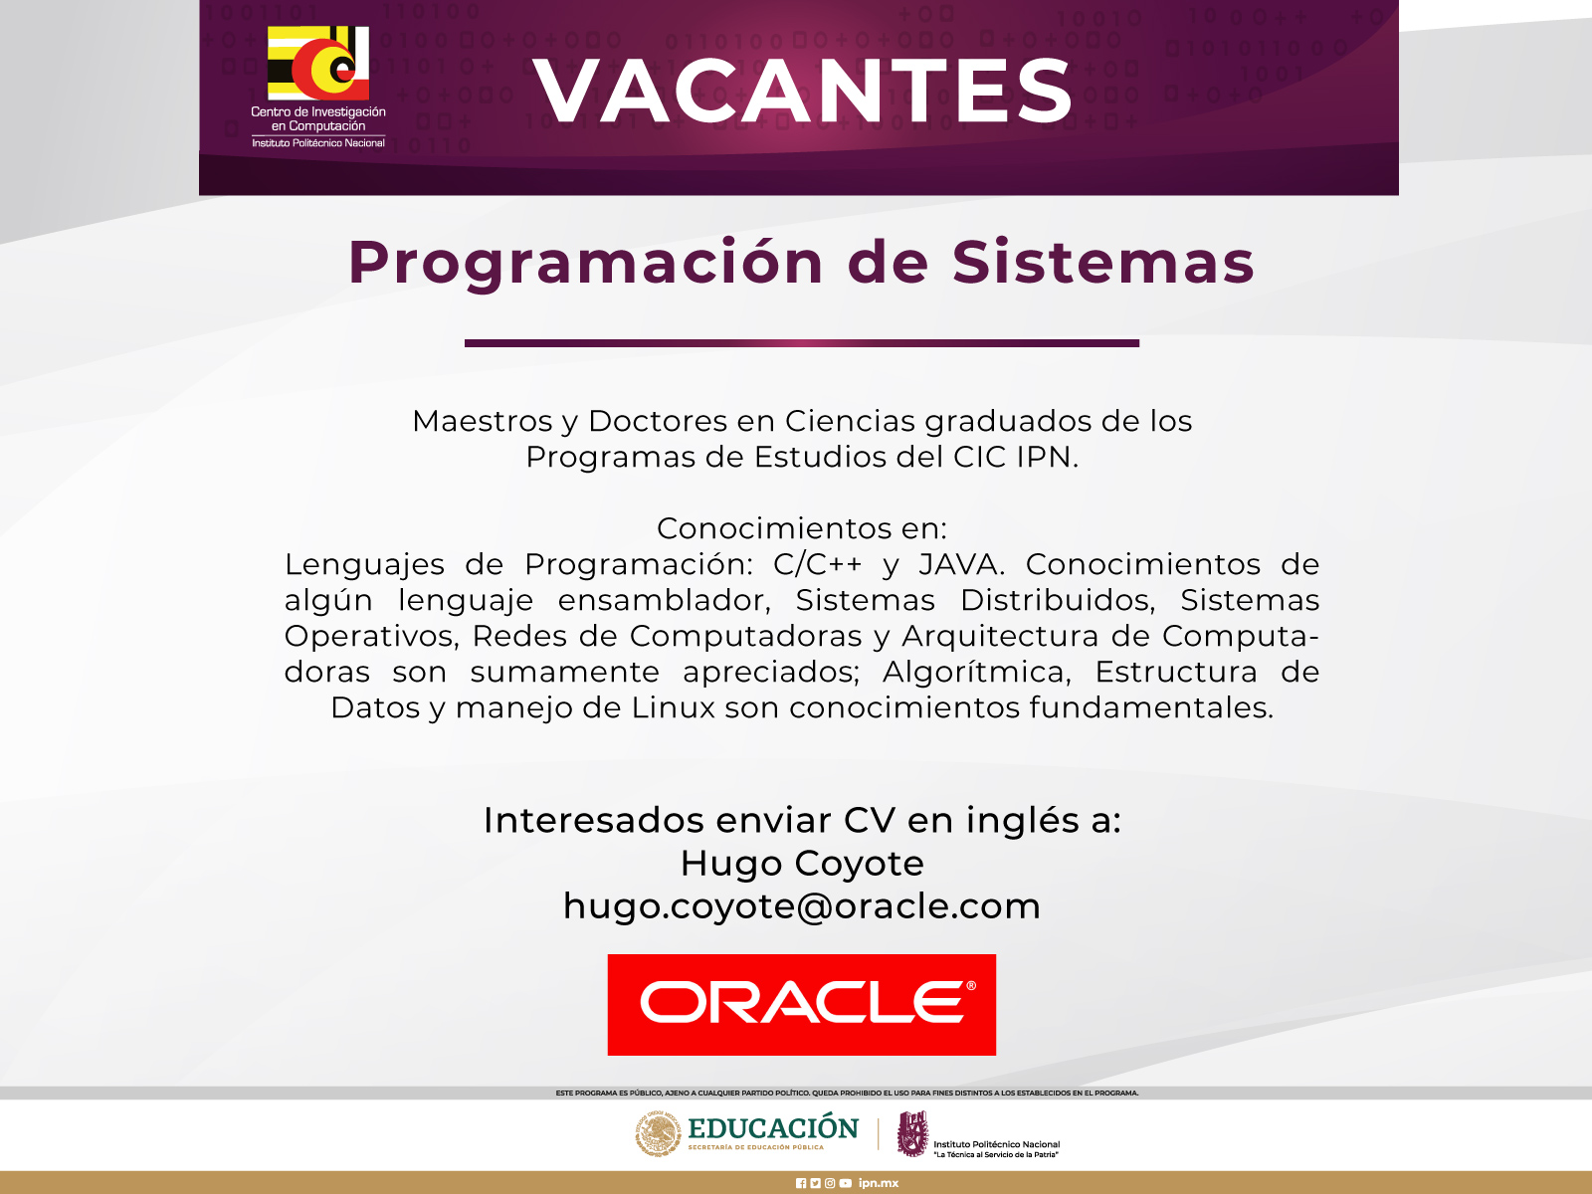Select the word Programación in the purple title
[586, 264]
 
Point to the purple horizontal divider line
[801, 343]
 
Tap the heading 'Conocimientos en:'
[801, 527]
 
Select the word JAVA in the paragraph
[961, 564]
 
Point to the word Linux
[673, 707]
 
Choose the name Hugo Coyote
[802, 864]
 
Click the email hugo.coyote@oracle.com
[801, 906]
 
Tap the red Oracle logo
[801, 1004]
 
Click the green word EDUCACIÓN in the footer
[773, 1128]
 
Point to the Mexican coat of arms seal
[659, 1134]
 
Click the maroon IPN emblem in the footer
[912, 1134]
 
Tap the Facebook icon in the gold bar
[801, 1183]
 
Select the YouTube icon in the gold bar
[846, 1183]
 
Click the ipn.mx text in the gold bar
[879, 1183]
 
